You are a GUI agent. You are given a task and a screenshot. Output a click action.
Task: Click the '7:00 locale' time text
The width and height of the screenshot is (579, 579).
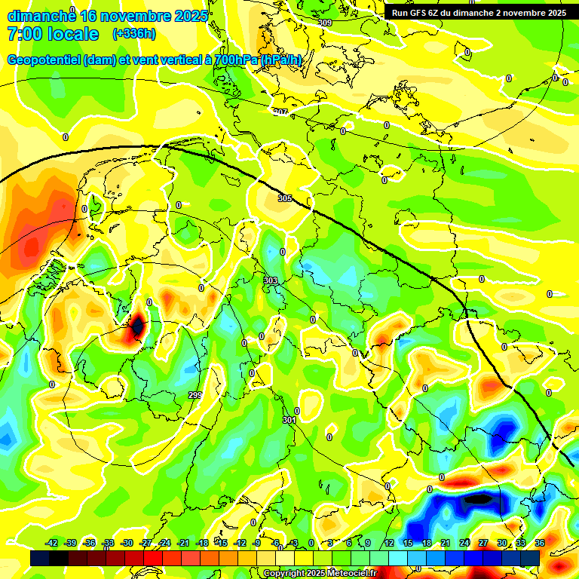[53, 34]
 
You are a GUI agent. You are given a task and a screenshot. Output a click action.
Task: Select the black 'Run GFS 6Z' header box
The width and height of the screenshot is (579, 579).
[479, 12]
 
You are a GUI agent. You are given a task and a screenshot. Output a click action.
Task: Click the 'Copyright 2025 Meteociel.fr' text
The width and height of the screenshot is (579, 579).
[320, 573]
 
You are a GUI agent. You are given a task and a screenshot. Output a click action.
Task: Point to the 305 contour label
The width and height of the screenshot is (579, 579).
[285, 198]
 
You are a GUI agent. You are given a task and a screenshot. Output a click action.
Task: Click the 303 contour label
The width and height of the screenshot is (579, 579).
[270, 280]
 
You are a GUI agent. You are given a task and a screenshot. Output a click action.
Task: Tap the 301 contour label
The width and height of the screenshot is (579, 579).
[289, 420]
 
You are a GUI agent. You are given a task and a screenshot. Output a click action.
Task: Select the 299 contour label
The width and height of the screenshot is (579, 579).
[195, 396]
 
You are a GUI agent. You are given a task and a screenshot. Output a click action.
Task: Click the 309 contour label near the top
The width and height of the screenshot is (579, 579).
[325, 23]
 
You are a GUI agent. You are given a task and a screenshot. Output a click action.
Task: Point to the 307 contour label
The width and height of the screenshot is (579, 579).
[280, 112]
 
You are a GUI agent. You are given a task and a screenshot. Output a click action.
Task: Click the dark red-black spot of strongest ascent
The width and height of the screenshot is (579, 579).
[137, 326]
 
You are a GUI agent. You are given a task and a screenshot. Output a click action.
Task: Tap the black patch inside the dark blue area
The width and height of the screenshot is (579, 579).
[478, 498]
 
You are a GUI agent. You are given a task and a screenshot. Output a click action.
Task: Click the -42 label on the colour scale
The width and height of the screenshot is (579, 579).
[52, 543]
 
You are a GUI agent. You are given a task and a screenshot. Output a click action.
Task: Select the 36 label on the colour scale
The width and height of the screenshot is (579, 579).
[539, 543]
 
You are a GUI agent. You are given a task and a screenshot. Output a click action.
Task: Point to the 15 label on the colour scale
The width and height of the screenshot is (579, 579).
[408, 543]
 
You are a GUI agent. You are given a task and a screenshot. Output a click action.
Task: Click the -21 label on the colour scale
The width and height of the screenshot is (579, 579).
[183, 543]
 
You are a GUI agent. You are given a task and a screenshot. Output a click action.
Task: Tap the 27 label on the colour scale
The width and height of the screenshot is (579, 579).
[483, 543]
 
